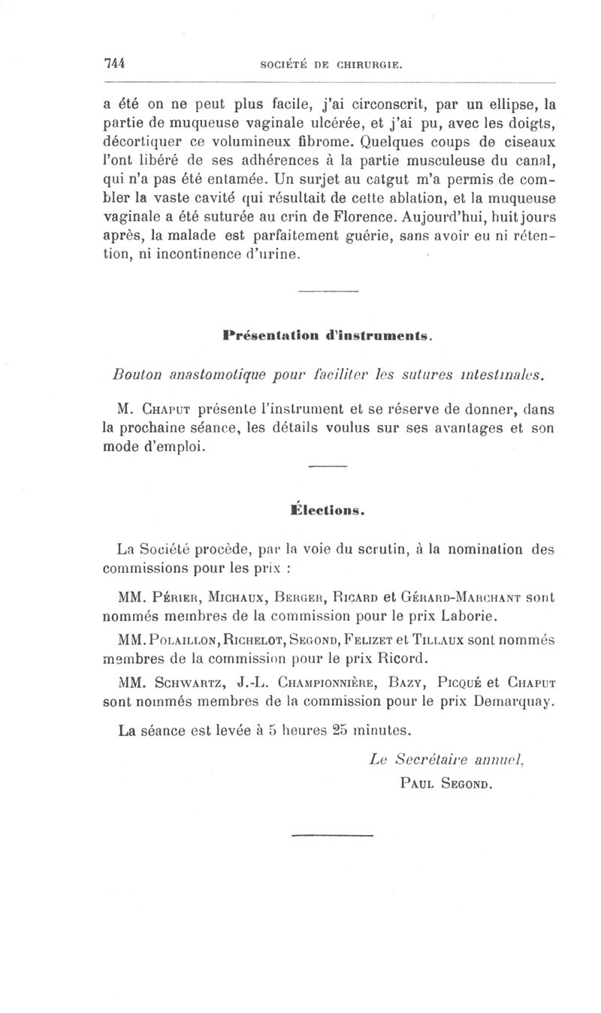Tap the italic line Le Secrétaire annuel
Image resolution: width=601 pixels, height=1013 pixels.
436,759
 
